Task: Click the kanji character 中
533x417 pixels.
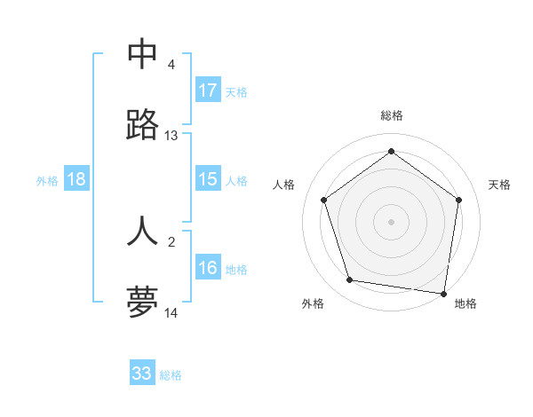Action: [x=142, y=54]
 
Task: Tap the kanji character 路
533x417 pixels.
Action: [x=142, y=125]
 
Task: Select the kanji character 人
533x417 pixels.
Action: [x=142, y=230]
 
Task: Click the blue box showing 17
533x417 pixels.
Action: [x=208, y=90]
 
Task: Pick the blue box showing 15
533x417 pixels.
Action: [x=208, y=179]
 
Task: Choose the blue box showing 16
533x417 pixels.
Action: [x=208, y=268]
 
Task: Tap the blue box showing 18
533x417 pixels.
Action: [x=76, y=179]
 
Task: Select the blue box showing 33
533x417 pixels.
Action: [x=142, y=374]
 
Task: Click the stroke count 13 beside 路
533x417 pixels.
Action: [x=171, y=136]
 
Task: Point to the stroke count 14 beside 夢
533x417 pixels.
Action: [x=171, y=313]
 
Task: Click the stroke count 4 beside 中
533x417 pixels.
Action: [x=171, y=65]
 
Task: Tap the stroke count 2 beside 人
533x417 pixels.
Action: [x=171, y=240]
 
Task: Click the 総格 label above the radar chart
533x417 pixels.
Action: [x=392, y=115]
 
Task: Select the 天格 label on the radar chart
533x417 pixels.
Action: [x=499, y=185]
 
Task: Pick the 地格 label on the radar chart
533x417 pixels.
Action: [x=465, y=303]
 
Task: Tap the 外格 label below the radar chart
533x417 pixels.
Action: [x=313, y=303]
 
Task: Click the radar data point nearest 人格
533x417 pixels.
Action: [x=323, y=201]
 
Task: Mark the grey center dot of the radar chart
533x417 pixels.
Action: [x=391, y=221]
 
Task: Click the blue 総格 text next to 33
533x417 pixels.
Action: [x=171, y=375]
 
